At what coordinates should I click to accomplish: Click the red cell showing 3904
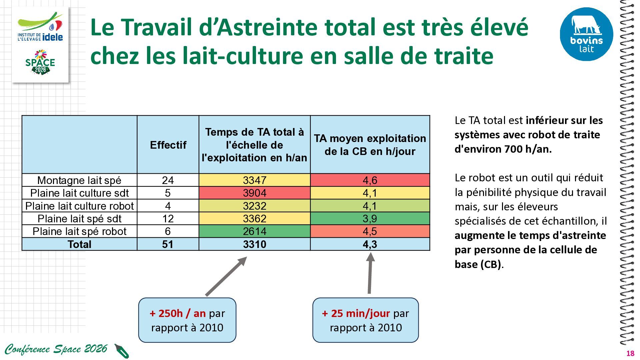coord(254,193)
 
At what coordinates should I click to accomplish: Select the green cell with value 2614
coord(254,231)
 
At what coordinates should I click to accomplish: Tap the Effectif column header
coord(168,145)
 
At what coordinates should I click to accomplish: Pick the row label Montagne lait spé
coord(79,180)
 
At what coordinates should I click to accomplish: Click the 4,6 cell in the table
coord(370,180)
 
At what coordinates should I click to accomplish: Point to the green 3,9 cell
coord(370,219)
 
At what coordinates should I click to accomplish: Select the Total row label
coord(79,244)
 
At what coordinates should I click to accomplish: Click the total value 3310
coord(254,244)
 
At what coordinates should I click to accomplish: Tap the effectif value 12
coord(168,219)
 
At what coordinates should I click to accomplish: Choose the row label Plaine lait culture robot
coord(79,206)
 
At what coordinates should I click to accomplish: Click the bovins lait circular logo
coord(586,34)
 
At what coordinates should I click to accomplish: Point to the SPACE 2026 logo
coord(40,62)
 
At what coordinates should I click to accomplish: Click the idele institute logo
coord(40,27)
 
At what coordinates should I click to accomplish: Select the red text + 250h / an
coord(178,313)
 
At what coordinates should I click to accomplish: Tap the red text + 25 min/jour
coord(356,313)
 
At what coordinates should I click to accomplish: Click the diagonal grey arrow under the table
coord(226,276)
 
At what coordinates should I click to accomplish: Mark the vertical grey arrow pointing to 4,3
coord(370,273)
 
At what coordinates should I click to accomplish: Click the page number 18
coord(630,354)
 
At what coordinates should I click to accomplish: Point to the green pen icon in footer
coord(122,351)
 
